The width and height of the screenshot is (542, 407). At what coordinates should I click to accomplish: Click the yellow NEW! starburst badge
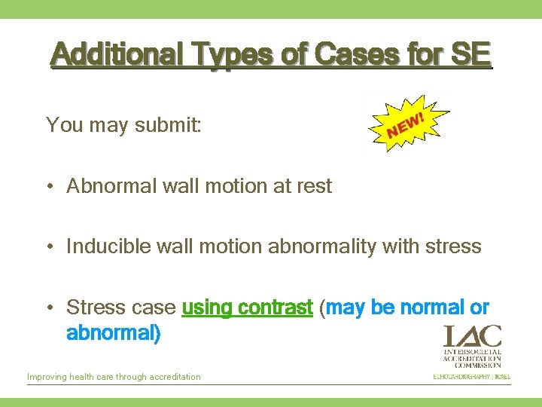coord(406,124)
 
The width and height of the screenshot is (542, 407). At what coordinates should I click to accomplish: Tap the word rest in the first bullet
coord(312,186)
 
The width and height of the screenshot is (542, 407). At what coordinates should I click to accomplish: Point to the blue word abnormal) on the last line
coord(113,332)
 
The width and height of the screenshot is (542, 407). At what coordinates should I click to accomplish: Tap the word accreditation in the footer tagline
coord(175,377)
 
